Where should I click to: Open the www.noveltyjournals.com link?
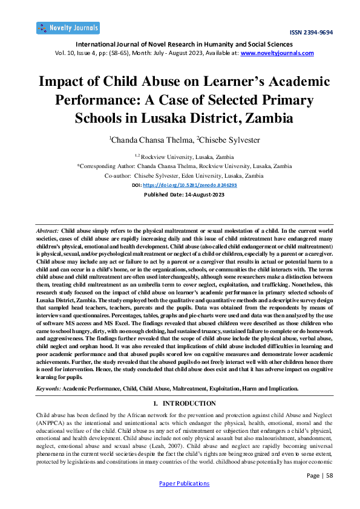(277, 53)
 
